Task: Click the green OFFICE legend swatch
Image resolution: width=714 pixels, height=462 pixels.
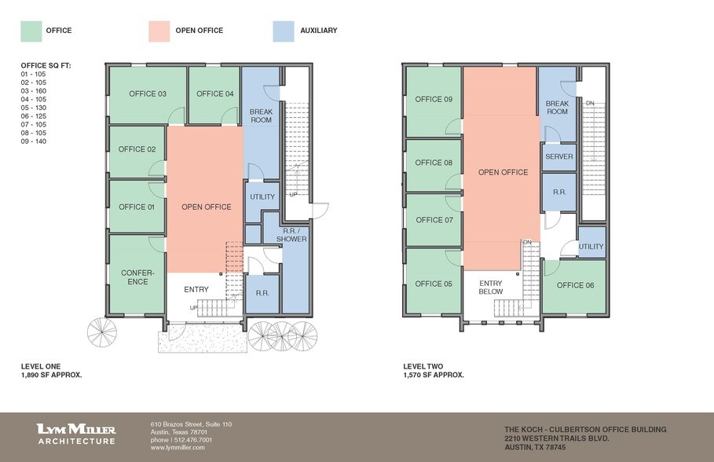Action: point(31,31)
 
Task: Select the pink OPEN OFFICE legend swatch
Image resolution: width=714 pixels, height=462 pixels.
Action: point(159,31)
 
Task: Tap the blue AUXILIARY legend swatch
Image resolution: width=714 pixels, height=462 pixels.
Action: point(284,31)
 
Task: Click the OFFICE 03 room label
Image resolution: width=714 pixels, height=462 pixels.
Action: point(148,94)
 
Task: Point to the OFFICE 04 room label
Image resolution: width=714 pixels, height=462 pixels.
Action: point(214,94)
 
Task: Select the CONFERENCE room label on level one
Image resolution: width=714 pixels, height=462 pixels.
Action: point(137,277)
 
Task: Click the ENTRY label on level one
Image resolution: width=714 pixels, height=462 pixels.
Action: point(196,290)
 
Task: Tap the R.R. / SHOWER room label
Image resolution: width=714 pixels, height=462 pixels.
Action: point(291,234)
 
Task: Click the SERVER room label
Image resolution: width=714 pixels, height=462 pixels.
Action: point(558,156)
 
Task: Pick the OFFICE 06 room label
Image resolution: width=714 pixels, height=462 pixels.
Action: point(576,285)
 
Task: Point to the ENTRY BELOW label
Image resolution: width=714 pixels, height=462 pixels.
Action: point(491,288)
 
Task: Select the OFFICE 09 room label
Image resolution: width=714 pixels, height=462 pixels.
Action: point(434,100)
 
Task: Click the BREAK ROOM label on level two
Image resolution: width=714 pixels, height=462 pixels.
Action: point(557,108)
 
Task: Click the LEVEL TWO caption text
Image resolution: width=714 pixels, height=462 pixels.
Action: point(423,366)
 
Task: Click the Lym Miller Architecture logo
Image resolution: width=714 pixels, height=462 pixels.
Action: point(76,434)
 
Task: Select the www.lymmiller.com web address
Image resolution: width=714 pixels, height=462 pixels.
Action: point(178,447)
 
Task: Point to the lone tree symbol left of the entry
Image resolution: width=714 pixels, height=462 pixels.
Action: point(101,331)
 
